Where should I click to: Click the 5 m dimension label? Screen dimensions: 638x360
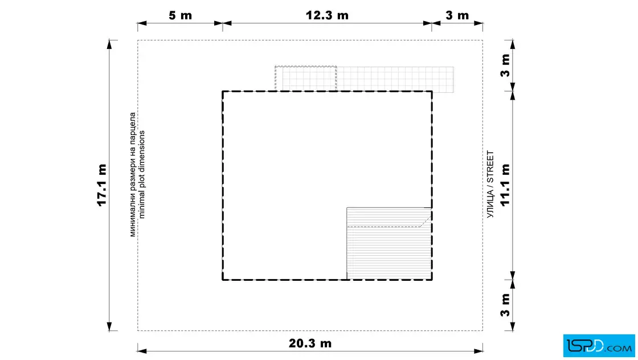point(180,15)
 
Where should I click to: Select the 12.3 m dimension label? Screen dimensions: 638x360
point(327,15)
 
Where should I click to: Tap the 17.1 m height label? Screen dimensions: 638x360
point(102,185)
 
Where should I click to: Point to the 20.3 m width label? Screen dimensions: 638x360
point(310,343)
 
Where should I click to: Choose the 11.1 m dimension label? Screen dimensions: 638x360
point(505,185)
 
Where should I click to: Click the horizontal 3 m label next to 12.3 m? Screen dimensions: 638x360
point(457,15)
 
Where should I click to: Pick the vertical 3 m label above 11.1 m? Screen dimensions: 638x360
point(505,65)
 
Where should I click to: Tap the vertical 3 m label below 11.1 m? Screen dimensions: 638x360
point(505,305)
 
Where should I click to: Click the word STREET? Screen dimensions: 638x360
point(490,167)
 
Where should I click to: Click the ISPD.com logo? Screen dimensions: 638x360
point(599,346)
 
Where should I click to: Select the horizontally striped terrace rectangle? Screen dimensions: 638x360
point(389,244)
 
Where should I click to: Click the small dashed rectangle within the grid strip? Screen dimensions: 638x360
point(305,79)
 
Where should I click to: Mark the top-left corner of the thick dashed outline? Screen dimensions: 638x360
point(223,92)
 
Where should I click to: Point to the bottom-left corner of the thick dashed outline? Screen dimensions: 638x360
point(223,280)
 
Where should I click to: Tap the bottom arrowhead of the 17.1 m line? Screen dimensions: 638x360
point(109,326)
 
